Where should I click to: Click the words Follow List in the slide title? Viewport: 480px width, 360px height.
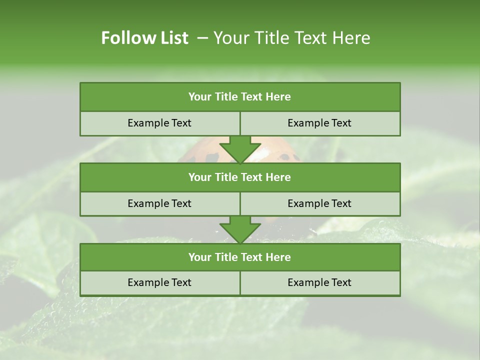point(144,38)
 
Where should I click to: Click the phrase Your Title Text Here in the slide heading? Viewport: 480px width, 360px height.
point(291,38)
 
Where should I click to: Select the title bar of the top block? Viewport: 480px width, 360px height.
point(240,97)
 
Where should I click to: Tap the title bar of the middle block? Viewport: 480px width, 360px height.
point(240,177)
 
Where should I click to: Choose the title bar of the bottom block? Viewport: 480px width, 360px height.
point(240,257)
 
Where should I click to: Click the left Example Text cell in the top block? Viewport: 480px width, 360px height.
point(159,123)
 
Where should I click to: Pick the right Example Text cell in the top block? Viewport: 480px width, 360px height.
point(319,123)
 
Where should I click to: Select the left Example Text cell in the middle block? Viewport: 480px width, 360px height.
point(159,203)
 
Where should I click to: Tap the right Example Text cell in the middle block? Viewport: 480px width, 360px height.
point(319,203)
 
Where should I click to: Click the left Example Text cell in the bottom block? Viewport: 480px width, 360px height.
point(159,282)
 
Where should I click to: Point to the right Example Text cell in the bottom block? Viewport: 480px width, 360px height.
point(319,282)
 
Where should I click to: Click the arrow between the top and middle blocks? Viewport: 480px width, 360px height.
point(240,149)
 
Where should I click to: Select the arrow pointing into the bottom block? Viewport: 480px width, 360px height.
point(240,229)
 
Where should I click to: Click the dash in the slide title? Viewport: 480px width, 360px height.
point(202,38)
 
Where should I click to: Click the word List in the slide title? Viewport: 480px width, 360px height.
point(172,38)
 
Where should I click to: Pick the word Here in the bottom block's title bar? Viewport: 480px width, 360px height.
point(278,257)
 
